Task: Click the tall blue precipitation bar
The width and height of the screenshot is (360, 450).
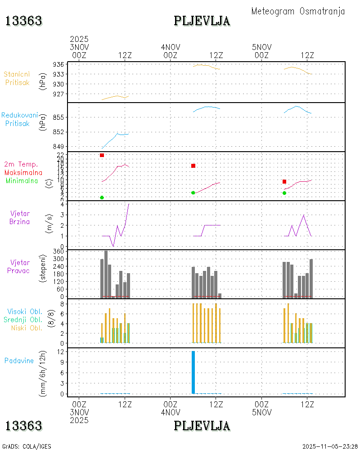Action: pyautogui.click(x=193, y=372)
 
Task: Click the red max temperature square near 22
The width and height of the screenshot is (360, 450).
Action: pyautogui.click(x=102, y=155)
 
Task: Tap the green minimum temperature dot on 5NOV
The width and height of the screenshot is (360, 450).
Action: pyautogui.click(x=284, y=193)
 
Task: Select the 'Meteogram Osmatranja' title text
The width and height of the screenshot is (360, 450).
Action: pyautogui.click(x=298, y=11)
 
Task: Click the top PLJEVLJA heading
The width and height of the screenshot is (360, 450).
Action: pyautogui.click(x=202, y=21)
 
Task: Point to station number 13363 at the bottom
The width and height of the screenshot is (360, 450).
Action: pyautogui.click(x=24, y=426)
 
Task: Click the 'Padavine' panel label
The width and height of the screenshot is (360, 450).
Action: pyautogui.click(x=19, y=360)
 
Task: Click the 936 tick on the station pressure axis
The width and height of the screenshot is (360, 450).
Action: pyautogui.click(x=58, y=64)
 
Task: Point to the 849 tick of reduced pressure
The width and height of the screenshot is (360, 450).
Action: pyautogui.click(x=58, y=147)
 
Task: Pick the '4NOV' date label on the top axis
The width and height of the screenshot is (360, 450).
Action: pyautogui.click(x=171, y=47)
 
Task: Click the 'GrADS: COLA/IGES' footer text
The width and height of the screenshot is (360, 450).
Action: pyautogui.click(x=27, y=446)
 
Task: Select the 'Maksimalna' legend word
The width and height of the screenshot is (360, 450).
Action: pyautogui.click(x=23, y=172)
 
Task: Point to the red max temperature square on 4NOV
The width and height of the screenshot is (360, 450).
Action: pyautogui.click(x=193, y=166)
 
